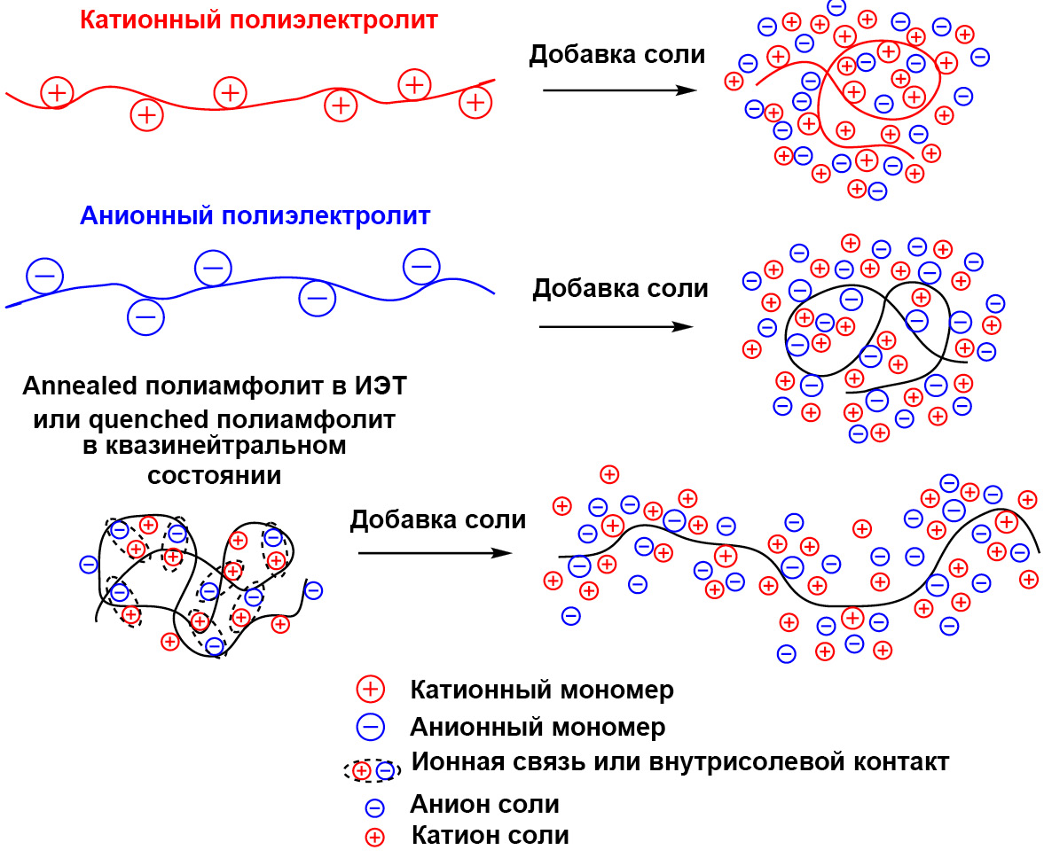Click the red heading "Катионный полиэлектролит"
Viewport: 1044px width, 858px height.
(x=259, y=20)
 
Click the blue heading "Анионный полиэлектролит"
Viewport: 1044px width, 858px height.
(x=255, y=215)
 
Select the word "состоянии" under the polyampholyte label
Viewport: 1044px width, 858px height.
(x=214, y=474)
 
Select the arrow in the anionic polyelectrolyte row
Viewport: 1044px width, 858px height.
(x=616, y=326)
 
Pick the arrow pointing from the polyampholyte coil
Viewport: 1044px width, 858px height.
(x=435, y=553)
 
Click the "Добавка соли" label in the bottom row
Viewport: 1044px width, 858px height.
(x=438, y=519)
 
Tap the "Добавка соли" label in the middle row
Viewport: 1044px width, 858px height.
(x=620, y=288)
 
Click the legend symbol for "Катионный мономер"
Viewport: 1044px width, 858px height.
(x=369, y=689)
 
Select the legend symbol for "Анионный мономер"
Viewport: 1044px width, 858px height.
(x=369, y=727)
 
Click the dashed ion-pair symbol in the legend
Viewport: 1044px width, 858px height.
(x=373, y=771)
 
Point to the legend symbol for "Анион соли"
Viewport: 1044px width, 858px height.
(x=375, y=807)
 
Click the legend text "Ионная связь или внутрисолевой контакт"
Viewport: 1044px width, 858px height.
(x=680, y=762)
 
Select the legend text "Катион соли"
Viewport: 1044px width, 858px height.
(x=491, y=835)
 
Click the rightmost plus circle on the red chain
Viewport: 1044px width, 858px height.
(x=475, y=102)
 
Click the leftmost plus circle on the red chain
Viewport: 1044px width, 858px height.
(x=57, y=91)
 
